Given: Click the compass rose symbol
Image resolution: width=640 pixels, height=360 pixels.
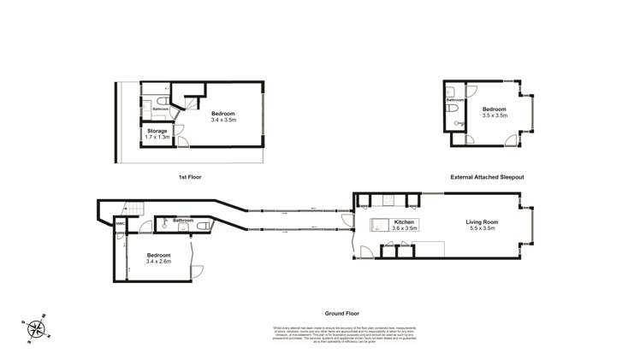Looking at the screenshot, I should [x=36, y=328].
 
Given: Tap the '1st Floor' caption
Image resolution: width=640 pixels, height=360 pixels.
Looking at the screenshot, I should [x=189, y=177].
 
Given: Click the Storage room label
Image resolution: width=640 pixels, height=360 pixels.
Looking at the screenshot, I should [x=157, y=131].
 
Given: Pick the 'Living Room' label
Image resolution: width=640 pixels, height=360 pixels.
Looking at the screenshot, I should [x=483, y=221].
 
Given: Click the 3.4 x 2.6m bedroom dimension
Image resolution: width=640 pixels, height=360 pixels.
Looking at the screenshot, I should [x=159, y=262].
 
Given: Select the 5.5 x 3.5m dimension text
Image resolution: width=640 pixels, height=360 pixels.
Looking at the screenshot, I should [x=483, y=228].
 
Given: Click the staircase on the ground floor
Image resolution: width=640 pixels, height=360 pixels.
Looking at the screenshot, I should [x=132, y=208].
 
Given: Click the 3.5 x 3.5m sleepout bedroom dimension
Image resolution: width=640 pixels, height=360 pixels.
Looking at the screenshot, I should [x=495, y=115].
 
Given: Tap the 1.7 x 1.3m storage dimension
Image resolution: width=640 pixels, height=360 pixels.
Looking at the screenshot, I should [x=157, y=137].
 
